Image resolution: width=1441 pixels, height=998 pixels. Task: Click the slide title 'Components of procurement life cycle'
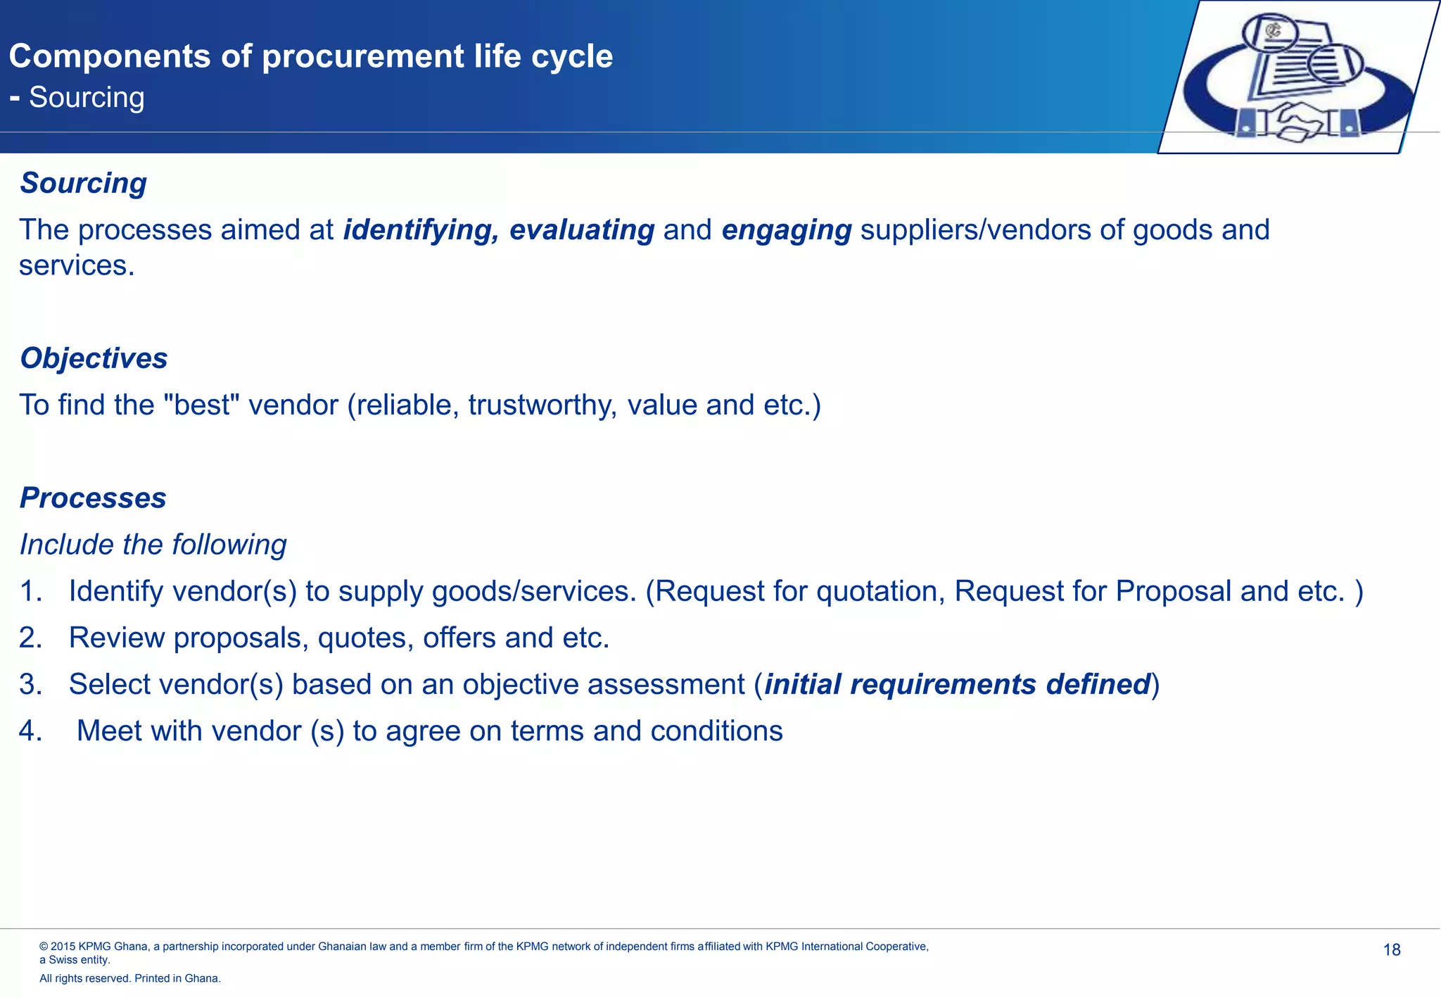tap(310, 56)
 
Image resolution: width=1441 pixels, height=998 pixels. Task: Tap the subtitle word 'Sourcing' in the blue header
tap(87, 98)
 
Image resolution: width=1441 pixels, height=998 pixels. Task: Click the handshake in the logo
tap(1296, 120)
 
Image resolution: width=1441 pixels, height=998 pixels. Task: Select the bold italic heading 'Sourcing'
tap(83, 183)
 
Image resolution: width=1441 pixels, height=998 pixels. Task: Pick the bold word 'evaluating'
tap(582, 230)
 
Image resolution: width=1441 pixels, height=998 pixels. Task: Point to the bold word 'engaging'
tap(786, 230)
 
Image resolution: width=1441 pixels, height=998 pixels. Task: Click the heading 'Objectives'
tap(94, 358)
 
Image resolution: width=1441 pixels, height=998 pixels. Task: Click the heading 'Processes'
tap(93, 498)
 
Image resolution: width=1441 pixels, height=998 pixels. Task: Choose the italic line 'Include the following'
tap(153, 545)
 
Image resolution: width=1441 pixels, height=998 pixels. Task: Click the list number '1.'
tap(30, 591)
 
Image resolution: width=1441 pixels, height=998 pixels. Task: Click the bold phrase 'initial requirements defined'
tap(957, 684)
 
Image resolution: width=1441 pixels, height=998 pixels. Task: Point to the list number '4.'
tap(30, 731)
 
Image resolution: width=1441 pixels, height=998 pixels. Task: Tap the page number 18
tap(1391, 950)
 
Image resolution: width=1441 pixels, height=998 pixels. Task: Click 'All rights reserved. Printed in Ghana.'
tap(130, 978)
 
